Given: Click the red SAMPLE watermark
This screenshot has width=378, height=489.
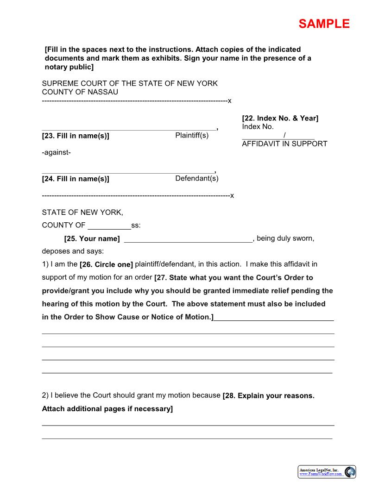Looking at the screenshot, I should pos(324,24).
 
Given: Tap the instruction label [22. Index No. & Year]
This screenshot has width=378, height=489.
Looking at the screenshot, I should pos(280,118).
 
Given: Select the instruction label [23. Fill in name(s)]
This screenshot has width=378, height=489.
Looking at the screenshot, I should pos(76,136).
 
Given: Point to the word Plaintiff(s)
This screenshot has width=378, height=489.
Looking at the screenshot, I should pos(192,135).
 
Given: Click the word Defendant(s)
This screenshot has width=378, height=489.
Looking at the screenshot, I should pos(196,178).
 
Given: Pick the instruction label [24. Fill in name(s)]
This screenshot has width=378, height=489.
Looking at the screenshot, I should pos(76,179).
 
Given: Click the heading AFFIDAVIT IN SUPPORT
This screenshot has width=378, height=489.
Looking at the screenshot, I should pos(284,144).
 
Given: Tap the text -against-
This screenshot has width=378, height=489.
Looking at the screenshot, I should pos(56,152).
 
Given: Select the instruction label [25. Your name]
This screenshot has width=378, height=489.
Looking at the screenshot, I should pos(92,239).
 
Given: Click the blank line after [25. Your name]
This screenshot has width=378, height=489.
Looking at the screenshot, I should pos(188,239).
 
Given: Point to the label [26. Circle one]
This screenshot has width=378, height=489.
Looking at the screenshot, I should pos(106,265).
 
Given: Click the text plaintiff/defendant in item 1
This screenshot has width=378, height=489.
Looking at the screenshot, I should pos(165,264).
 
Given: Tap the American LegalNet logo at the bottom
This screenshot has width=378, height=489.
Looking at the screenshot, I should pos(327,472).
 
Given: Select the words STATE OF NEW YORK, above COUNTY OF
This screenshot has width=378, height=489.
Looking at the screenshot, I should pos(82,213).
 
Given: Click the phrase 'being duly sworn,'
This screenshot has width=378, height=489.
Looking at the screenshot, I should pos(285,238).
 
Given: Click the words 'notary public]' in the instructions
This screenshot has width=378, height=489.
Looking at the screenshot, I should pos(69,67).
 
